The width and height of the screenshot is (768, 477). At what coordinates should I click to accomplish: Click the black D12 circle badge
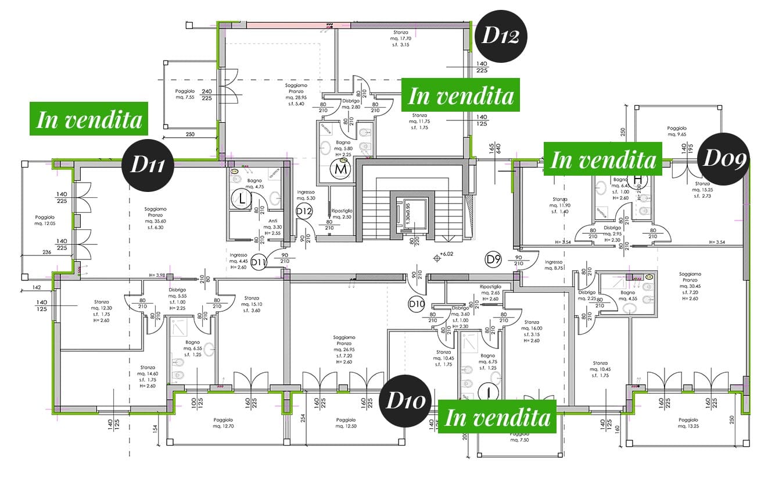(501, 36)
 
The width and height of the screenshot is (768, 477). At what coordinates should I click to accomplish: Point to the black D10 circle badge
(406, 401)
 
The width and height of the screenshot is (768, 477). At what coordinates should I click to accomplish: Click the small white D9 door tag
(493, 258)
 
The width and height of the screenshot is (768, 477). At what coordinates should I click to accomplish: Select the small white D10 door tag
(416, 303)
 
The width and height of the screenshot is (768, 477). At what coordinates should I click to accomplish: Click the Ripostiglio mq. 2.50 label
(340, 213)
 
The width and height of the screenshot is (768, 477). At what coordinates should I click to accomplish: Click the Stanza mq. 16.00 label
(531, 331)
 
